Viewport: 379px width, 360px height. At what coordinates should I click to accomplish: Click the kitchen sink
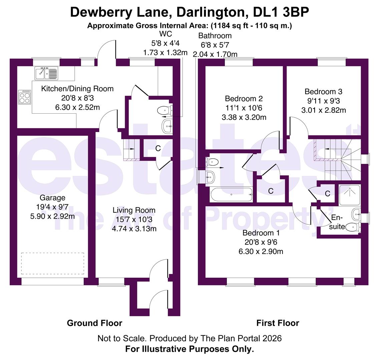coord(46,73)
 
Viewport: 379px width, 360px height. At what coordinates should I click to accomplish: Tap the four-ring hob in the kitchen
coord(25,97)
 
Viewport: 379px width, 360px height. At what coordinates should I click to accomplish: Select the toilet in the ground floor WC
coord(165,110)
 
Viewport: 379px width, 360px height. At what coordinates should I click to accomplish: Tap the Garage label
coord(53,198)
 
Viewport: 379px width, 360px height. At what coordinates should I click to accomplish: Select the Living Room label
coord(134,210)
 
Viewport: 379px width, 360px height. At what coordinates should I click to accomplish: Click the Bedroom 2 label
coord(244,99)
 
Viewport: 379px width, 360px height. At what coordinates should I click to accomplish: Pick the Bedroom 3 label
coord(323,92)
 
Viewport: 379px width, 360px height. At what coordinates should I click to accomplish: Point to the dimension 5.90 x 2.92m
coord(52,216)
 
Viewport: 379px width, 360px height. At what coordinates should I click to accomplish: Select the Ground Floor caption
coord(94,323)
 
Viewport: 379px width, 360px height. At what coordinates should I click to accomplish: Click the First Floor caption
coord(278,323)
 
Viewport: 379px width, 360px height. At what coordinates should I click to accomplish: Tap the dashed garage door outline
coord(52,264)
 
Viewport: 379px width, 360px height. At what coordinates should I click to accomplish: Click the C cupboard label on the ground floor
coord(158,149)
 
